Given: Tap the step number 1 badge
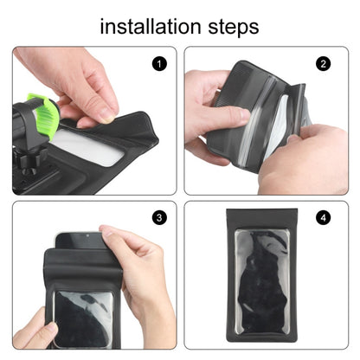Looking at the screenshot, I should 157,63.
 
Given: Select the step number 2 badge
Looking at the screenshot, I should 324,63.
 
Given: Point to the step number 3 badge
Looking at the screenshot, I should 157,218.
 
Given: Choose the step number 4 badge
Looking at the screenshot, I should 324,218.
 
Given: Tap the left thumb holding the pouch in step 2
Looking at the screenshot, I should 227,117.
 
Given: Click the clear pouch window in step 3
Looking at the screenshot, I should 82,316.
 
